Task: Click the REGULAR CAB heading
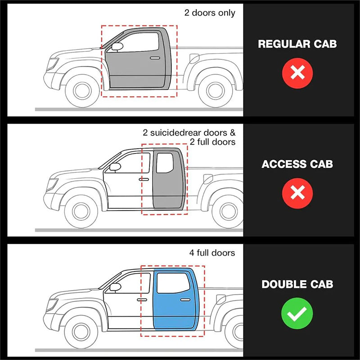tap(297, 44)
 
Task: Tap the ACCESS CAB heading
tap(297, 164)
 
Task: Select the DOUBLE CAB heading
tap(297, 284)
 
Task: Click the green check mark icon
tap(297, 313)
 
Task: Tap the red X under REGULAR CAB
tap(297, 72)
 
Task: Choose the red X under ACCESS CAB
tap(297, 193)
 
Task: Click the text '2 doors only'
tap(210, 13)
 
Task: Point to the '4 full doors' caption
tap(212, 253)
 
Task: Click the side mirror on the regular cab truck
tap(117, 46)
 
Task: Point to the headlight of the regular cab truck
tap(54, 63)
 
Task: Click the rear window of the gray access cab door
tap(165, 163)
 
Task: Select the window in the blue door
tap(173, 283)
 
